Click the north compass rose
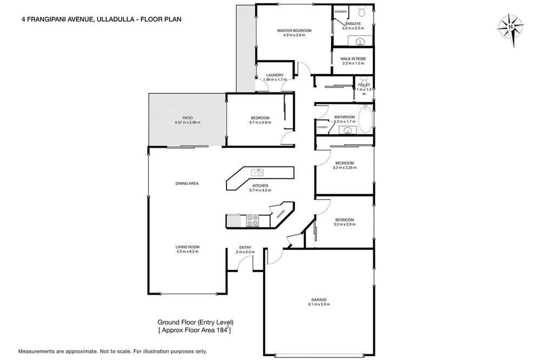coord(510,25)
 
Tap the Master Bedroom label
coord(294,30)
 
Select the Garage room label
coord(319,299)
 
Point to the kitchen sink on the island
coord(257,173)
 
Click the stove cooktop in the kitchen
coord(253,220)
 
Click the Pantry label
coord(281,214)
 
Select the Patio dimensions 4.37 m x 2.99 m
coord(187,123)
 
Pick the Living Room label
coord(187,246)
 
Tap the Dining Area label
coord(187,183)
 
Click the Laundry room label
coord(275,75)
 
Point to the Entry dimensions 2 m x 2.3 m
coord(245,252)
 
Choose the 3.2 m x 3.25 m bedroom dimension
coord(345,168)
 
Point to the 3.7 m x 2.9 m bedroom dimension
coord(260,123)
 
